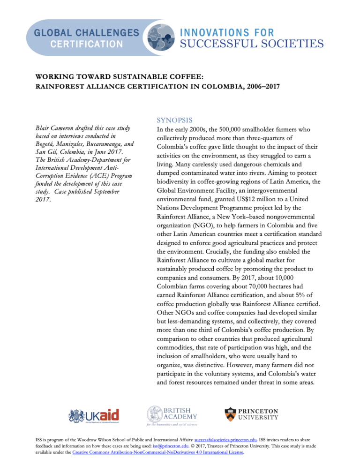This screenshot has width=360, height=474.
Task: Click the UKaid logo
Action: tap(94, 415)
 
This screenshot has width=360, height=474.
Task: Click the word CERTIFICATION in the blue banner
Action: tap(87, 45)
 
